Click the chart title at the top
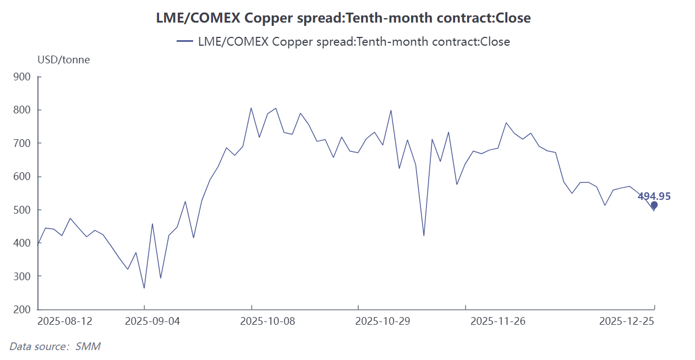click(343, 18)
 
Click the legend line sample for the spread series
click(184, 41)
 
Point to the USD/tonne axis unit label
click(63, 60)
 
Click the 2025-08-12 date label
click(65, 321)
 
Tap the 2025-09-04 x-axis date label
click(152, 321)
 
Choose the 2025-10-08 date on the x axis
click(267, 321)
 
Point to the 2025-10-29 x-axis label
click(382, 321)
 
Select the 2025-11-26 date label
click(498, 321)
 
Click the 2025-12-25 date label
click(627, 321)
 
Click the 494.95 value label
click(654, 197)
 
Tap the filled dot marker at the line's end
click(654, 205)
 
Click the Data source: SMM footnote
click(55, 346)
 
